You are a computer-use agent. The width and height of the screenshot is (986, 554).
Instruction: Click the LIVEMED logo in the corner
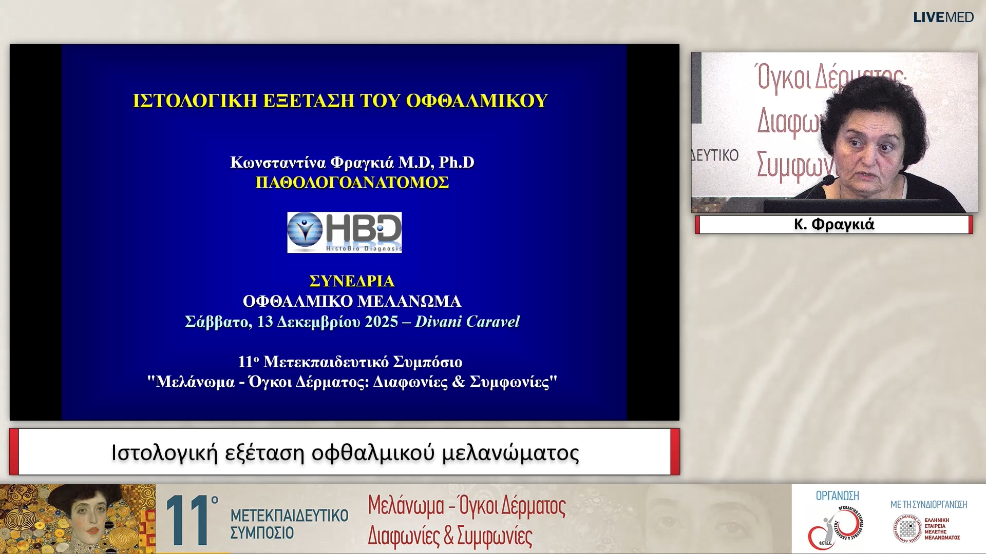[x=943, y=17]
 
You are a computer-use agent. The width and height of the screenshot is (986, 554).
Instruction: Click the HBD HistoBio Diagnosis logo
[x=344, y=232]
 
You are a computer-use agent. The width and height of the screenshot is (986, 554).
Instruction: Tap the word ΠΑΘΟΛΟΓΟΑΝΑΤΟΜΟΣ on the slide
[x=352, y=183]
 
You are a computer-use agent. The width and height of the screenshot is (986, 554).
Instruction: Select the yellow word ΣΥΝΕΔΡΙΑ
[x=352, y=281]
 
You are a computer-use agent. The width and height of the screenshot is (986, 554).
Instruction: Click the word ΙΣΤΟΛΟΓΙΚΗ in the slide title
[x=195, y=101]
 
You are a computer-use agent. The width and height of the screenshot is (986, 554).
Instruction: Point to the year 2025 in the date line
[x=381, y=322]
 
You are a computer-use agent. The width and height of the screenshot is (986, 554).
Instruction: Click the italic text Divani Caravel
[x=467, y=322]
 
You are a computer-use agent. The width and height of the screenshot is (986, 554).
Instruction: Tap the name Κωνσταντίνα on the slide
[x=278, y=163]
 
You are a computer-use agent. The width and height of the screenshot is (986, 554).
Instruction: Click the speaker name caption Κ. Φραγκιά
[x=834, y=225]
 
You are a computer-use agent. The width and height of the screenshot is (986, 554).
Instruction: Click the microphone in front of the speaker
[x=827, y=181]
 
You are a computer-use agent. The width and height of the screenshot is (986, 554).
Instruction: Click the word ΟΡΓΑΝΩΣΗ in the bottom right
[x=837, y=496]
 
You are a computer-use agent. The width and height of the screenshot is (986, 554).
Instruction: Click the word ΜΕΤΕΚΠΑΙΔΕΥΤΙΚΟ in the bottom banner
[x=289, y=516]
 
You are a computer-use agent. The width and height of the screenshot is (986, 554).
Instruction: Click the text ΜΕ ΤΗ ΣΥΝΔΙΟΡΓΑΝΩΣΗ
[x=928, y=505]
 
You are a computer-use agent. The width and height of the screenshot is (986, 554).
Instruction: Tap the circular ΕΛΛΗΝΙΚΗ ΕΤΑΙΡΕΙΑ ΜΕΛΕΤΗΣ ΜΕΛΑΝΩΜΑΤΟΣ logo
[x=907, y=529]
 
